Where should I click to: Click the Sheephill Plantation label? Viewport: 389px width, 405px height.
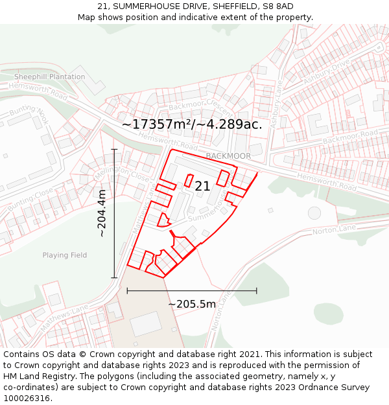pyautogui.click(x=50, y=76)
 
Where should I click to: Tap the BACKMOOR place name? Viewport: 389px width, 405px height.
pyautogui.click(x=228, y=156)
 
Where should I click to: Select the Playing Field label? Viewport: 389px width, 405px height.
pyautogui.click(x=65, y=255)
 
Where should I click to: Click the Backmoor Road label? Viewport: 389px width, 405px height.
pyautogui.click(x=350, y=137)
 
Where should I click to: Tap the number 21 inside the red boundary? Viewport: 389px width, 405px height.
pyautogui.click(x=202, y=186)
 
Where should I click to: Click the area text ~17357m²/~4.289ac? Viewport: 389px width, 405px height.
pyautogui.click(x=192, y=124)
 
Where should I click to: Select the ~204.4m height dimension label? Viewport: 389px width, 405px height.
pyautogui.click(x=102, y=213)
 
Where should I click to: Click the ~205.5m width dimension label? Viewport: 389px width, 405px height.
pyautogui.click(x=192, y=304)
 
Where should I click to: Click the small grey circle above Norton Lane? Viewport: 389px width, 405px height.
pyautogui.click(x=314, y=213)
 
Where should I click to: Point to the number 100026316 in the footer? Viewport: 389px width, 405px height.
pyautogui.click(x=27, y=398)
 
